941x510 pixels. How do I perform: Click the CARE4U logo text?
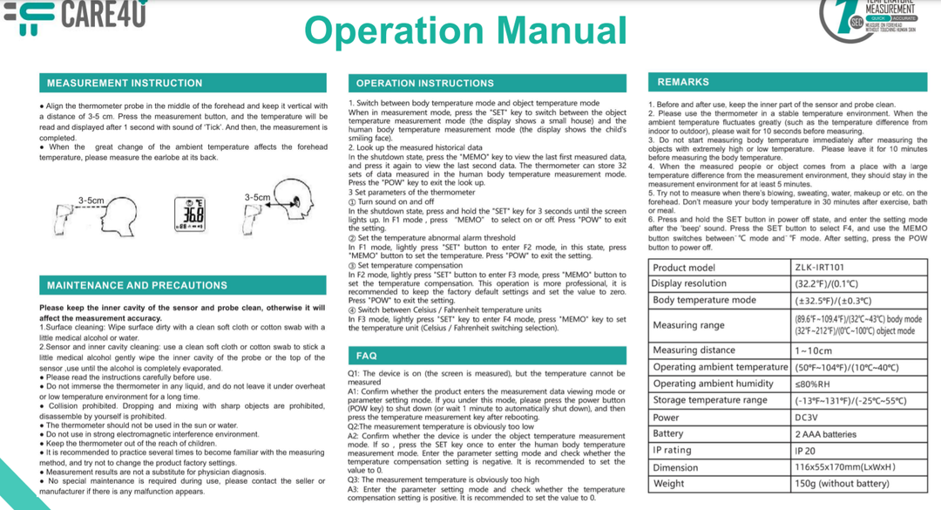pos(103,14)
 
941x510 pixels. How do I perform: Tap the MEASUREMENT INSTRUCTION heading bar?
pos(182,83)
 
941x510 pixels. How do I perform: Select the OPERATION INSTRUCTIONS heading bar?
pos(486,83)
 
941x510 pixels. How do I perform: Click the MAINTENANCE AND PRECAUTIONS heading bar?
pos(182,285)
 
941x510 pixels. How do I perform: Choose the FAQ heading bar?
pos(486,356)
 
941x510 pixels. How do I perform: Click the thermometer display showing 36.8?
pos(189,214)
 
